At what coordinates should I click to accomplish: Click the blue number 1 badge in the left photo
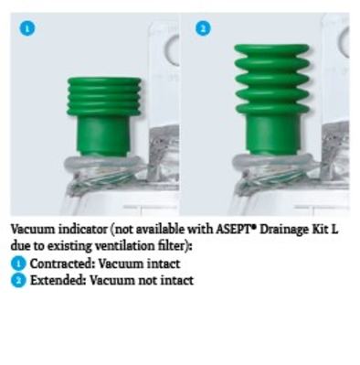click(27, 28)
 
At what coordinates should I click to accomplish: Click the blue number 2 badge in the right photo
click(203, 28)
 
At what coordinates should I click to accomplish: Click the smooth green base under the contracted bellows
click(104, 135)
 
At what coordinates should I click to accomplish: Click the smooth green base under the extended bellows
click(272, 134)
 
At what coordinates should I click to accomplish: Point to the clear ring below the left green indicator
click(103, 163)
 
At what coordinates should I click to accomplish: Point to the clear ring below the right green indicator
click(272, 162)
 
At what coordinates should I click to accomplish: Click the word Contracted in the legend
click(60, 263)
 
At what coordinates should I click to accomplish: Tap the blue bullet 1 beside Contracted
click(18, 264)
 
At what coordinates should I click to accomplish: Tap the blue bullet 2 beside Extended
click(18, 280)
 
